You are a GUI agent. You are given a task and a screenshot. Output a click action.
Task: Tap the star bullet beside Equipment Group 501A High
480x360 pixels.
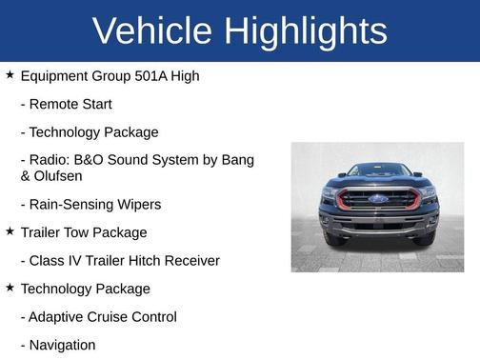(x=10, y=73)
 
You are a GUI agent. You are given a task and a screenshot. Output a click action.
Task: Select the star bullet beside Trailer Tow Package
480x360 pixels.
(x=10, y=230)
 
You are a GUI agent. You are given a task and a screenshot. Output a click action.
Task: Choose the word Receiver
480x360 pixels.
(x=190, y=260)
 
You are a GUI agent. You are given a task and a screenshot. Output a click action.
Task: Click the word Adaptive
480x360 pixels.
(x=60, y=317)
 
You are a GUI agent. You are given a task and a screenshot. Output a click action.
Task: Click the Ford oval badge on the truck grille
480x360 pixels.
(x=378, y=199)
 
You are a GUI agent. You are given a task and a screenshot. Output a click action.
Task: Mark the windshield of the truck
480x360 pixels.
(x=378, y=172)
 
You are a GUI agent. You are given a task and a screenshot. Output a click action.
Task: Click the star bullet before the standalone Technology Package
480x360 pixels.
(x=10, y=287)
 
